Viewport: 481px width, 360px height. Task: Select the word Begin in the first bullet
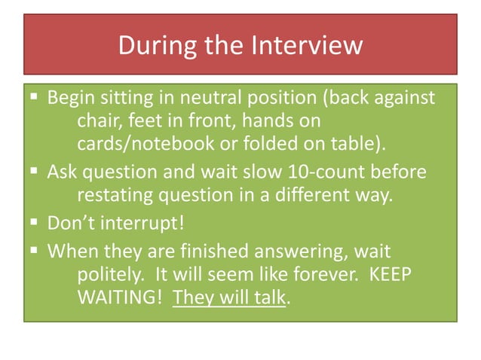pos(69,99)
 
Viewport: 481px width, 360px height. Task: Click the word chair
pos(100,121)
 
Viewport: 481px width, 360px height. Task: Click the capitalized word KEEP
pos(391,274)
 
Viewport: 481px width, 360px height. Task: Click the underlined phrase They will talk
pos(230,296)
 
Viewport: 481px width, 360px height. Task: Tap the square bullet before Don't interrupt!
pos(35,223)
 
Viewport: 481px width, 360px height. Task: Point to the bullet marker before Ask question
pos(35,172)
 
